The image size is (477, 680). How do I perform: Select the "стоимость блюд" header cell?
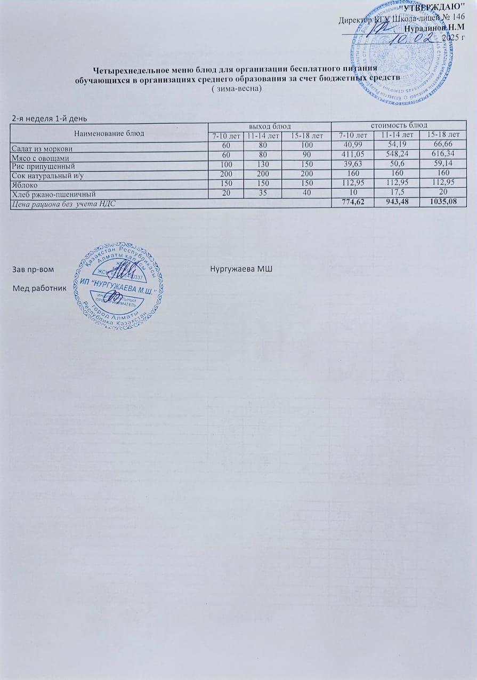pyautogui.click(x=398, y=126)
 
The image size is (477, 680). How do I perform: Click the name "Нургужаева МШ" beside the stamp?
pyautogui.click(x=241, y=267)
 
